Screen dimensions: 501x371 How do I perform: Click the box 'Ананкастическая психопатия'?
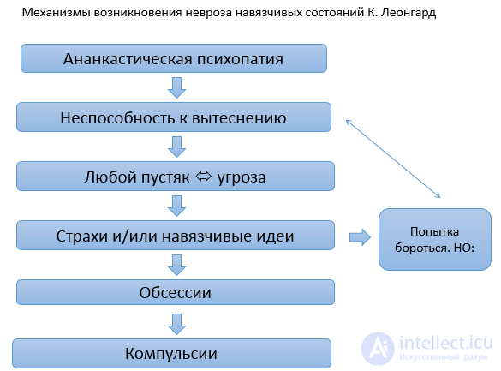pyautogui.click(x=174, y=58)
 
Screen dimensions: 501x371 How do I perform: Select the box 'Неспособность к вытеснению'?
pyautogui.click(x=174, y=117)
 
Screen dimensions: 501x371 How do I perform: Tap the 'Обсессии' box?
pyautogui.click(x=176, y=292)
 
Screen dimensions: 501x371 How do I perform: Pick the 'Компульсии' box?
pyautogui.click(x=171, y=353)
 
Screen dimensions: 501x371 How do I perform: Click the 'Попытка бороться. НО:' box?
pyautogui.click(x=435, y=239)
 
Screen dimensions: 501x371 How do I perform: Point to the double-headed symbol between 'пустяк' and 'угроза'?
pyautogui.click(x=204, y=176)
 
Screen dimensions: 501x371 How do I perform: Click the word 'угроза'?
pyautogui.click(x=242, y=178)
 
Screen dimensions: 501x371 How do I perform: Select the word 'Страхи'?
pyautogui.click(x=82, y=236)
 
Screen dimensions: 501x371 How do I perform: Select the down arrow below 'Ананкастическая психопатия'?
pyautogui.click(x=176, y=87)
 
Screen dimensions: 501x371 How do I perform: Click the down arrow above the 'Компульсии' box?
pyautogui.click(x=176, y=324)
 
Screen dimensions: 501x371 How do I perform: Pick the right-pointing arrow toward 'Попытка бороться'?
pyautogui.click(x=360, y=237)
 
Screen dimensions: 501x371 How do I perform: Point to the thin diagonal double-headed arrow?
pyautogui.click(x=393, y=159)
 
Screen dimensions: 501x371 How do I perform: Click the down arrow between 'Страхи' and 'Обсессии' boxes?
pyautogui.click(x=176, y=265)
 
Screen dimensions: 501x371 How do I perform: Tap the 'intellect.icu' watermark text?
pyautogui.click(x=445, y=343)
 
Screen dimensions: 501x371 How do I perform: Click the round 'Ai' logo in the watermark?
pyautogui.click(x=378, y=349)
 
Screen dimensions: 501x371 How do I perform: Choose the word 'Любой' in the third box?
pyautogui.click(x=110, y=177)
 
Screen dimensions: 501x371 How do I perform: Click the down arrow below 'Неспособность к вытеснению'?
pyautogui.click(x=176, y=147)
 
